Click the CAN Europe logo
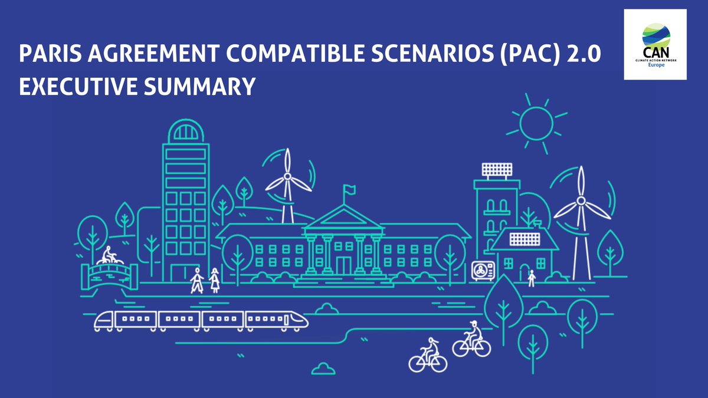click(655, 44)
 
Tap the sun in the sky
click(536, 123)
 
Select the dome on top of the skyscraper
click(185, 130)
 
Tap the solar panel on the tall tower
click(497, 170)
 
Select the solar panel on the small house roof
click(525, 238)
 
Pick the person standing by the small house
click(531, 277)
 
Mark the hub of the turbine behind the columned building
click(288, 176)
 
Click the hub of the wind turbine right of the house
click(581, 201)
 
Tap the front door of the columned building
click(343, 265)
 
